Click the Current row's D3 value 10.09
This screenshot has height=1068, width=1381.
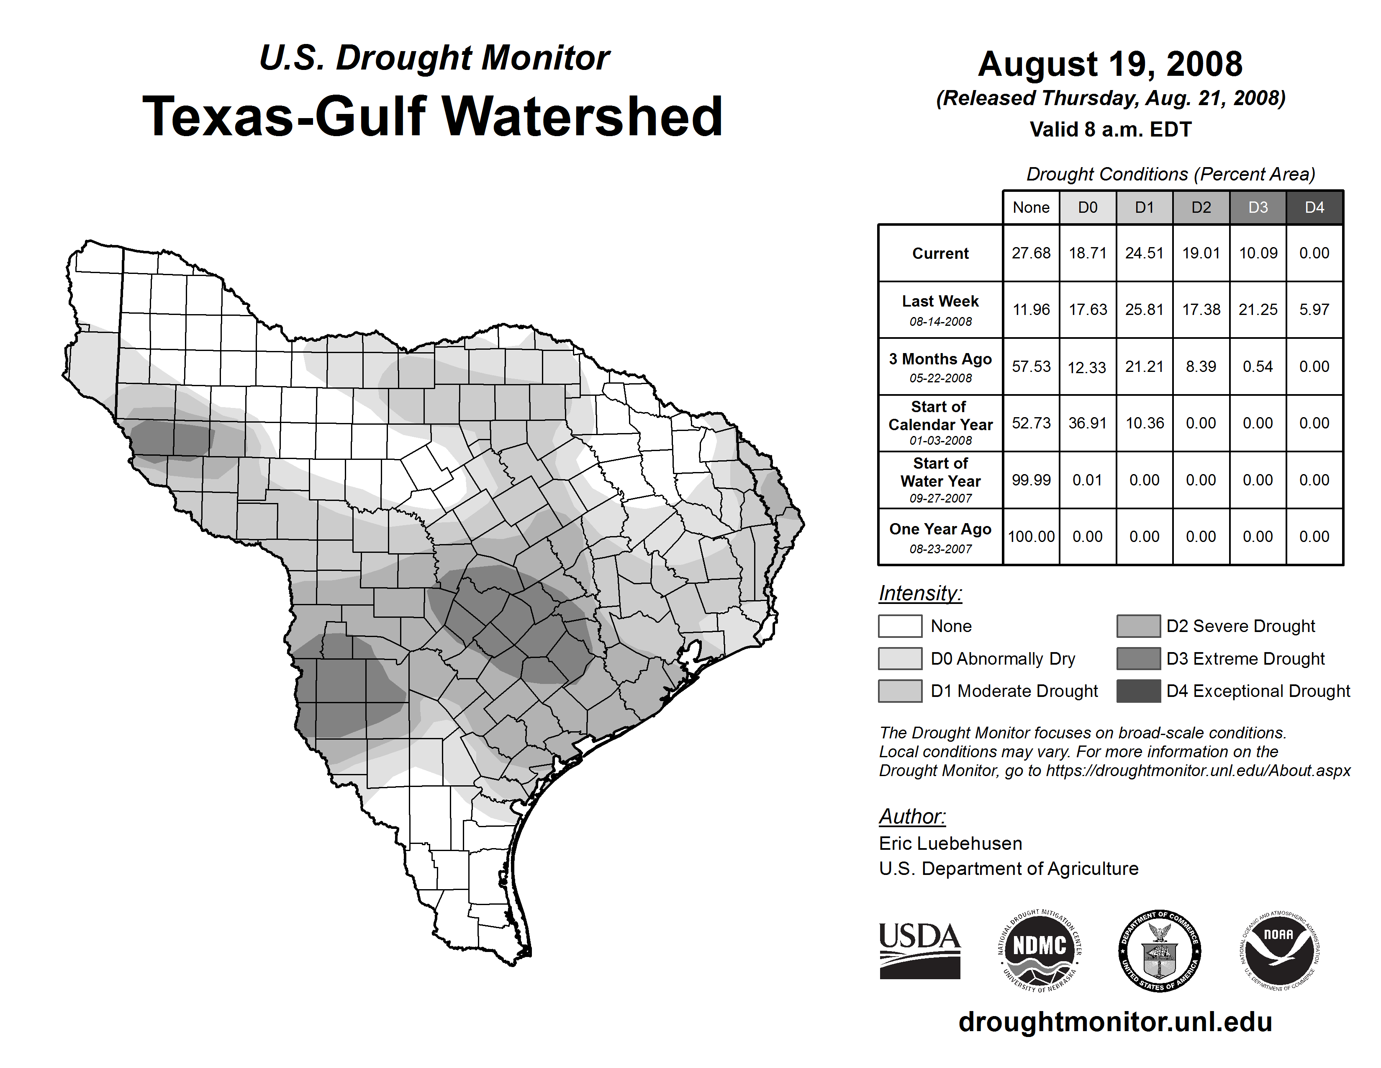(1258, 253)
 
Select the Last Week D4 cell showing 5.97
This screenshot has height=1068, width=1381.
(1314, 310)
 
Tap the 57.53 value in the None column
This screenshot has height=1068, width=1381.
(1031, 366)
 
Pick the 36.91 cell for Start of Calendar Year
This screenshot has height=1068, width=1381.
(1088, 423)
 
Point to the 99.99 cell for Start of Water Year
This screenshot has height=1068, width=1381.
(1031, 480)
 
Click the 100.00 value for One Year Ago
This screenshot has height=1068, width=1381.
(1031, 537)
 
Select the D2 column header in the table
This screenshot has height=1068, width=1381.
(1201, 207)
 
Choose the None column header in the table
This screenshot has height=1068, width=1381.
(1031, 207)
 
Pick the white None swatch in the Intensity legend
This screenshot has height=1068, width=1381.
(900, 626)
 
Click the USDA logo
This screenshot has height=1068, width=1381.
(919, 950)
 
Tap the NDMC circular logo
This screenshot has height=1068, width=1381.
(1040, 950)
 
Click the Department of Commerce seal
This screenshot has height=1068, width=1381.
(1160, 950)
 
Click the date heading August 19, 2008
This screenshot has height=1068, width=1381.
(1110, 64)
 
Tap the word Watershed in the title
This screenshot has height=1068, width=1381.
(581, 116)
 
